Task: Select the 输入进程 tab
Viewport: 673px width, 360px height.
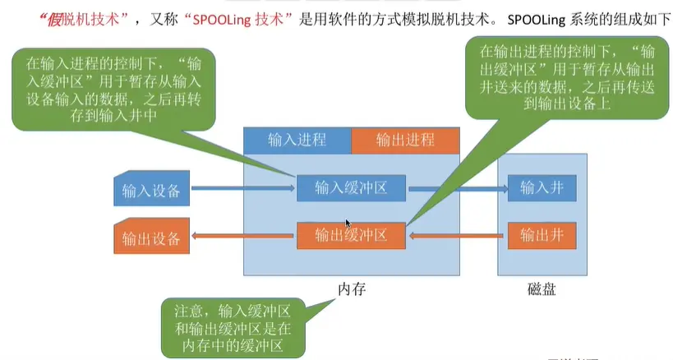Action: (297, 140)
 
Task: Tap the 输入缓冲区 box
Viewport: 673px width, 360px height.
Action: (351, 189)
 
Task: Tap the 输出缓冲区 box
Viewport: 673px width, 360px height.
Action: (351, 237)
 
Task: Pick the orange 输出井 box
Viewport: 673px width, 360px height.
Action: (542, 237)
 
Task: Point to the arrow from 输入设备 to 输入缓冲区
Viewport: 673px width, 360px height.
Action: (242, 189)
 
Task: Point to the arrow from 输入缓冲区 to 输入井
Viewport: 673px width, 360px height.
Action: (456, 189)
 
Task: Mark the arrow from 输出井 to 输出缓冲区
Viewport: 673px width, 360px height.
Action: (456, 237)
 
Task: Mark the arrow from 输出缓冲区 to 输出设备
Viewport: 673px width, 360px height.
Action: (242, 237)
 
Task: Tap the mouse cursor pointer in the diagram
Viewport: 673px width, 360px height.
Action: (348, 223)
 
